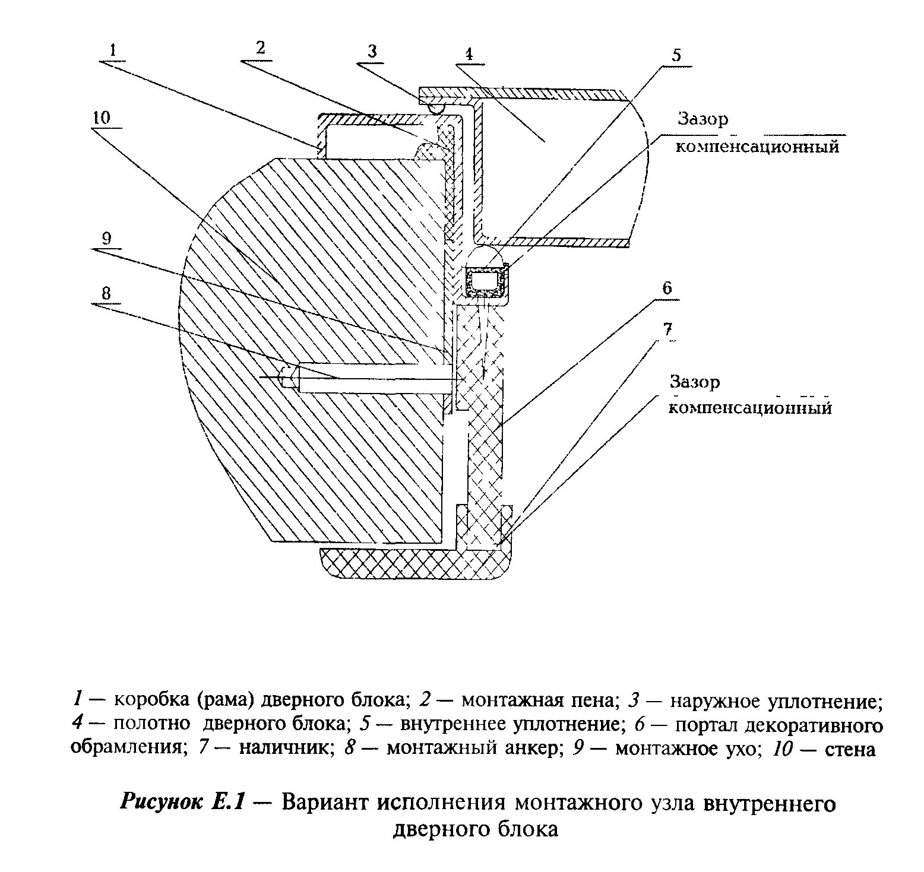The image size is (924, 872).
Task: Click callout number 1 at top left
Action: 115,50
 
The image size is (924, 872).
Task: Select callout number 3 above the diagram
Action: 372,51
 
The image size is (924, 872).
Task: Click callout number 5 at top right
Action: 676,55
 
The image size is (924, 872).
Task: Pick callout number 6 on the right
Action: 667,288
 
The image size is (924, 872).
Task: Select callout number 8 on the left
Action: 106,293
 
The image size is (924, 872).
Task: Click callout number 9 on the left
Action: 106,239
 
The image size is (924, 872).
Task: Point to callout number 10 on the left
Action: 101,117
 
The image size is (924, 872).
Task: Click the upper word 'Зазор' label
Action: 703,119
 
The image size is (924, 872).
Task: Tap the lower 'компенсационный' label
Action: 750,408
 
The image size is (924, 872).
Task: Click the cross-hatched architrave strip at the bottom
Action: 416,563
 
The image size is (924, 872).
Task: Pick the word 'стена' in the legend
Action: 850,750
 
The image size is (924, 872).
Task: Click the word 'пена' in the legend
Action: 590,701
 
